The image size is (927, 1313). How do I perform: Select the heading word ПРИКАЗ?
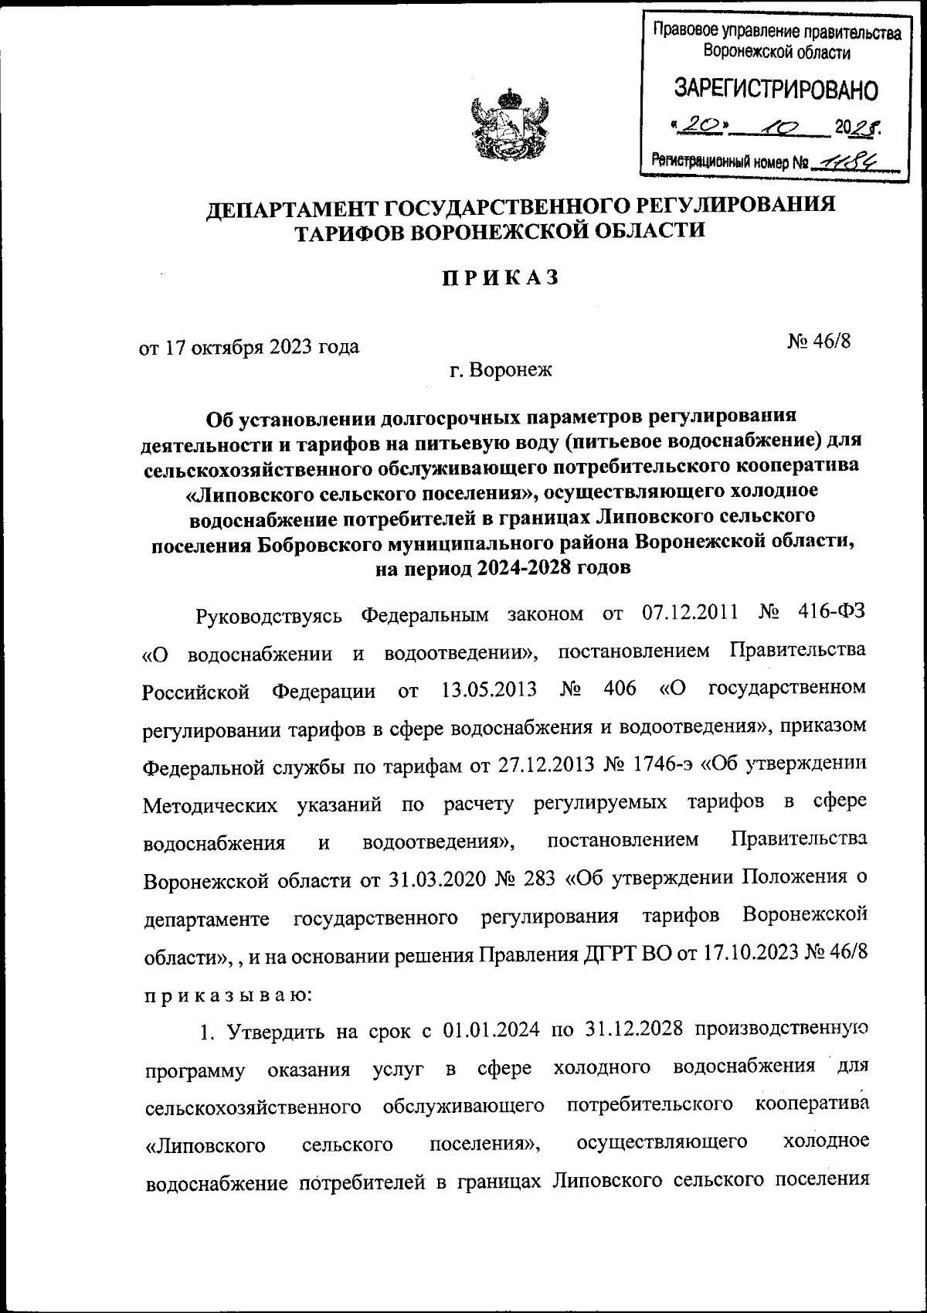pos(501,279)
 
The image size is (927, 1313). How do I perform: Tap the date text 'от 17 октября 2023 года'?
pos(249,347)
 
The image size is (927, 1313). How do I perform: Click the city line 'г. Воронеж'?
pos(501,371)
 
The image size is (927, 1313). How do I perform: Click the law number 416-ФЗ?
pos(830,614)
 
